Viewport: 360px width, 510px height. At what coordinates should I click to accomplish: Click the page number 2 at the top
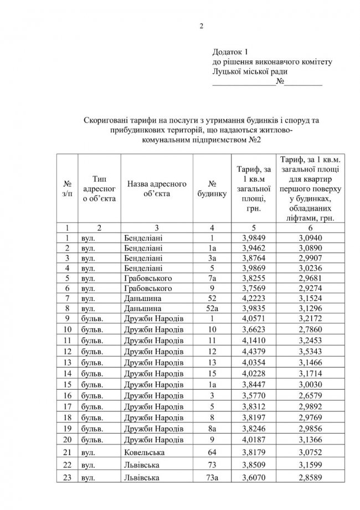point(202,26)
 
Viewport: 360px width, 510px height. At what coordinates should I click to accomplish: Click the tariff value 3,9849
point(254,238)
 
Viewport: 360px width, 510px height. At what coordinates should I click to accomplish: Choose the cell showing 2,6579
point(313,396)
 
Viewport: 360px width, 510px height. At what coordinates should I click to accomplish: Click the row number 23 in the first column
point(66,477)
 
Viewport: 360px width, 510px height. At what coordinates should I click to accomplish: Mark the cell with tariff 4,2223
point(254,298)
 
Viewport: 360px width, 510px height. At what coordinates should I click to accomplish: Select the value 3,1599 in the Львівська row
point(313,464)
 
